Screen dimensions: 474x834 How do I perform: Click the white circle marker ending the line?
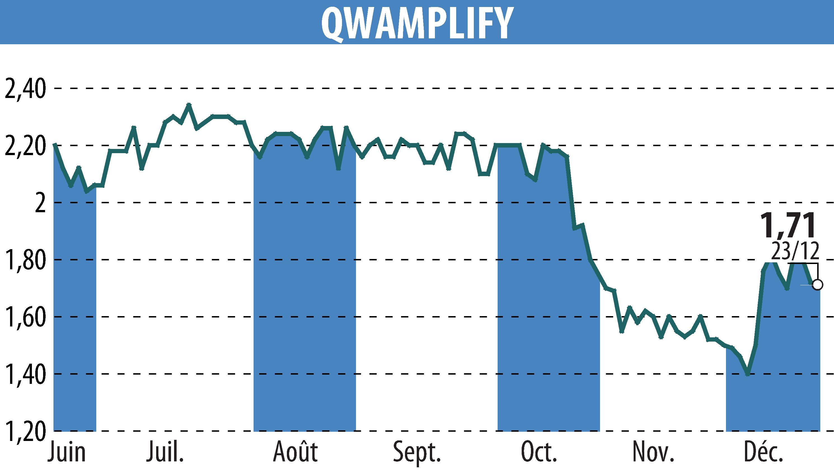pyautogui.click(x=817, y=285)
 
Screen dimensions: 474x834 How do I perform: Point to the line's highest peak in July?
pyautogui.click(x=189, y=104)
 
